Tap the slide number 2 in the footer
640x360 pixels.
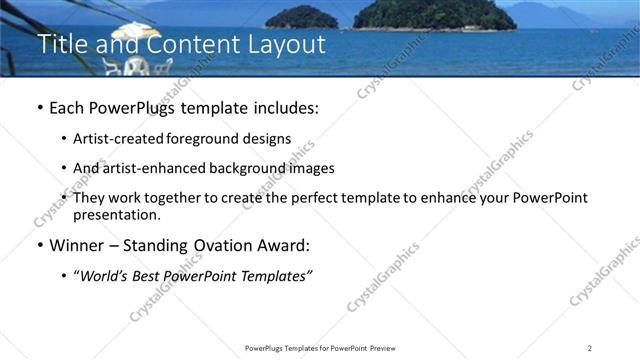click(589, 348)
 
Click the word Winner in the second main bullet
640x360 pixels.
click(81, 245)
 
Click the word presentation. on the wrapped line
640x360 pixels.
click(117, 214)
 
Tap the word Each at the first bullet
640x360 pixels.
click(66, 107)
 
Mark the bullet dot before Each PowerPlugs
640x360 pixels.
click(38, 108)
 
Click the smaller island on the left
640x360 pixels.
click(301, 17)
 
